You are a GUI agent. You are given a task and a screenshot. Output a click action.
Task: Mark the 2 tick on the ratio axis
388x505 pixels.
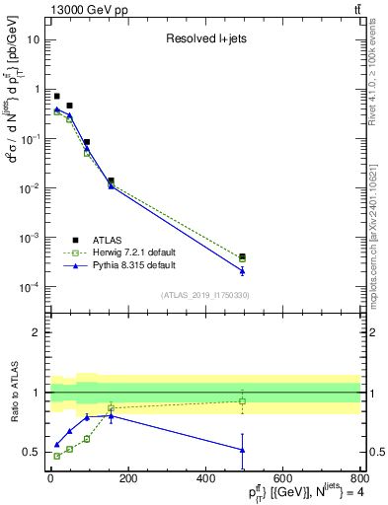[x=39, y=332]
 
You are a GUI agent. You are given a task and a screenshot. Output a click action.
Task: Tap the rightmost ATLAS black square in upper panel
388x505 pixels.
[x=242, y=256]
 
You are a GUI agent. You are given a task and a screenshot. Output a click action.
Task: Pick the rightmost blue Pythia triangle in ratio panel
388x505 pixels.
[x=242, y=450]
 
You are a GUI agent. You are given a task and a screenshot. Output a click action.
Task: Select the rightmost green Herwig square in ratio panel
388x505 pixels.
[x=242, y=401]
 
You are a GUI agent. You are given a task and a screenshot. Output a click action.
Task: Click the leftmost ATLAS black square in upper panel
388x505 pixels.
[x=56, y=96]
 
